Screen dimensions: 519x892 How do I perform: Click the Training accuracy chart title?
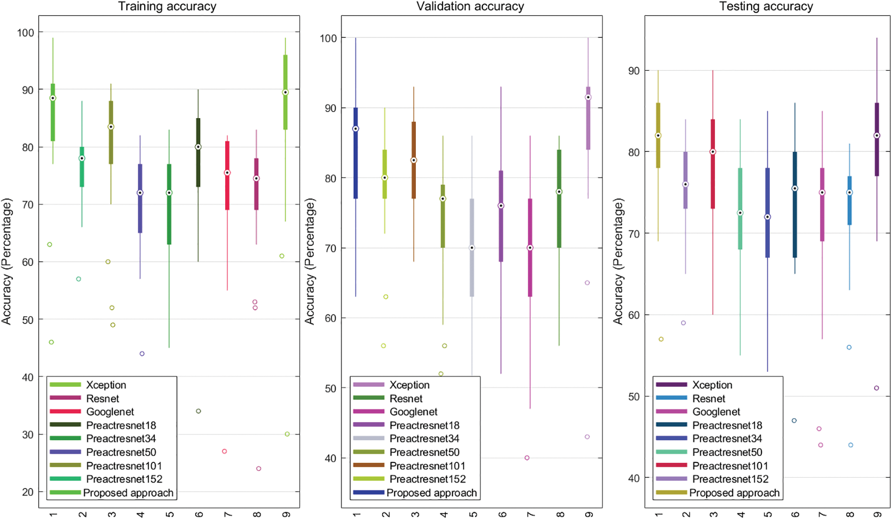click(x=167, y=7)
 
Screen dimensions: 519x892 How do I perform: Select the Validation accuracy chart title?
click(x=470, y=7)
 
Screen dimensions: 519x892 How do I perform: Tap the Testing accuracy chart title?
click(x=766, y=7)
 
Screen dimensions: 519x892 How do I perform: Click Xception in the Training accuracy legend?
click(x=106, y=385)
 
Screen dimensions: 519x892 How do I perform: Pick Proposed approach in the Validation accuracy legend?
click(x=431, y=493)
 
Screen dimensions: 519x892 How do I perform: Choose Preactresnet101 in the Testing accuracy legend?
click(x=730, y=466)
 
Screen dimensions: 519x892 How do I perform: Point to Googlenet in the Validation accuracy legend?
click(x=413, y=412)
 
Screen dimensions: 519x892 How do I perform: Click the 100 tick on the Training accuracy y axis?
click(x=26, y=32)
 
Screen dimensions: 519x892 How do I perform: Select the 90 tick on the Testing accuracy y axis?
click(x=634, y=71)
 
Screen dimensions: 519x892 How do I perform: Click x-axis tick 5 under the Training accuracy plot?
click(x=170, y=514)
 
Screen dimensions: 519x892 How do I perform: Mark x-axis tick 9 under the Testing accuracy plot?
click(x=877, y=514)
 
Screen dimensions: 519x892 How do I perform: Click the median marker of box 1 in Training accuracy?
click(x=53, y=98)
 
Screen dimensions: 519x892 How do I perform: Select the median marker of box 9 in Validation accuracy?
click(x=588, y=97)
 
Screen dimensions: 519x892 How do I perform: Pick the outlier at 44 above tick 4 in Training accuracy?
click(x=142, y=354)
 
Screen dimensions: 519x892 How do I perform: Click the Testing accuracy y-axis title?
click(x=618, y=261)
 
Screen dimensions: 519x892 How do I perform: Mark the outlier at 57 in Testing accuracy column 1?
click(x=661, y=339)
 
